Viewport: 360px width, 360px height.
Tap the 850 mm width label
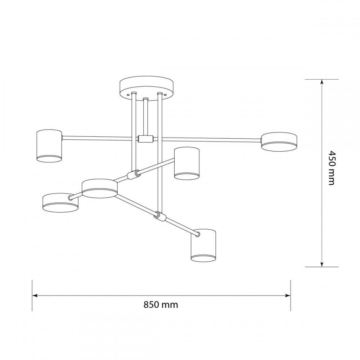tap(161, 305)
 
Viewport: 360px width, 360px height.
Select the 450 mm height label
tap(331, 173)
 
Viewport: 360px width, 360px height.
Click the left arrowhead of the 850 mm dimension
tap(35, 296)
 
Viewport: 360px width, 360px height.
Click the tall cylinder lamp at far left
tap(49, 145)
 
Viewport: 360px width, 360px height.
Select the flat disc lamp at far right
tap(279, 141)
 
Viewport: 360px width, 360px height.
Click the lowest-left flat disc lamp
tap(60, 203)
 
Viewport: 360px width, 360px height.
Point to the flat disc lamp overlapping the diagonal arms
tap(99, 188)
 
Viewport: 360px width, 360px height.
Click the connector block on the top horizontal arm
tap(145, 139)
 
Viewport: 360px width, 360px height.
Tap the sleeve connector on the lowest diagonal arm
tap(159, 216)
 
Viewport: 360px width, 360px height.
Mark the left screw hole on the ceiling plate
tap(128, 93)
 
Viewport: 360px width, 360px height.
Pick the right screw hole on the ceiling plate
tap(165, 93)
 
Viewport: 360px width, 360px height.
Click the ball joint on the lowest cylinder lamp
tap(197, 235)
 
